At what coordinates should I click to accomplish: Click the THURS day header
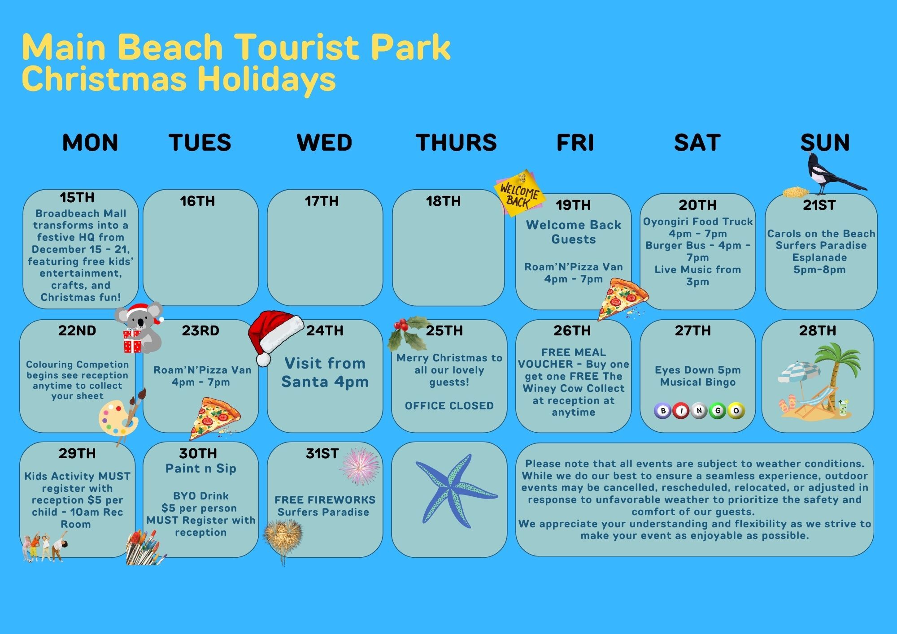tap(456, 143)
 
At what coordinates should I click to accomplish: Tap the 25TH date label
tap(444, 330)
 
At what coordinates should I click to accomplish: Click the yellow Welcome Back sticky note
tap(519, 193)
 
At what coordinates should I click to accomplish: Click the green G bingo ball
tap(717, 410)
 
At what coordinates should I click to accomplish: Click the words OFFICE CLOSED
tap(449, 406)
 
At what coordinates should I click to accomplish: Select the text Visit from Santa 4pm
tap(325, 372)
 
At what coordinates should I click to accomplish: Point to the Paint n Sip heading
tap(200, 468)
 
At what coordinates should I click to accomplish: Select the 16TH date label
tap(197, 201)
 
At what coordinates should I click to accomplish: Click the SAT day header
tap(697, 143)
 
